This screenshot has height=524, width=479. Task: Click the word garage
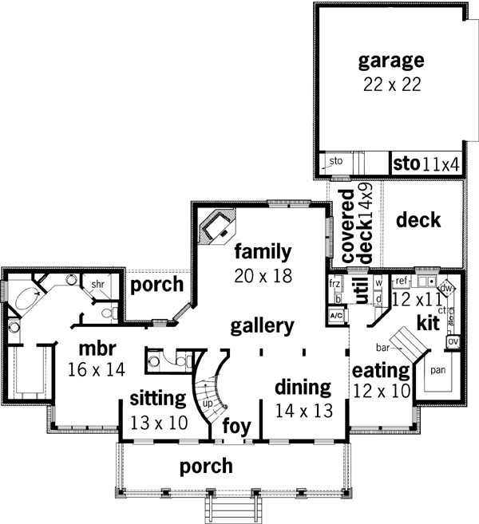click(x=390, y=61)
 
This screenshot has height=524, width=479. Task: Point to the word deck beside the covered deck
click(x=418, y=220)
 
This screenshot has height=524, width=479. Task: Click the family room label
click(x=263, y=253)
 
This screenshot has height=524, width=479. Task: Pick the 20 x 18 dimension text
click(x=263, y=276)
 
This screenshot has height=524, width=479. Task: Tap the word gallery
click(x=263, y=325)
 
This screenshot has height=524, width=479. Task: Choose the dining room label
click(x=303, y=388)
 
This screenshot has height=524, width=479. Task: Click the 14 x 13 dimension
click(x=303, y=411)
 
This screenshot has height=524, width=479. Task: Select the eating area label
click(x=381, y=371)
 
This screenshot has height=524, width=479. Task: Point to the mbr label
click(x=98, y=349)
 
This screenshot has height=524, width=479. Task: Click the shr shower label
click(x=98, y=284)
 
